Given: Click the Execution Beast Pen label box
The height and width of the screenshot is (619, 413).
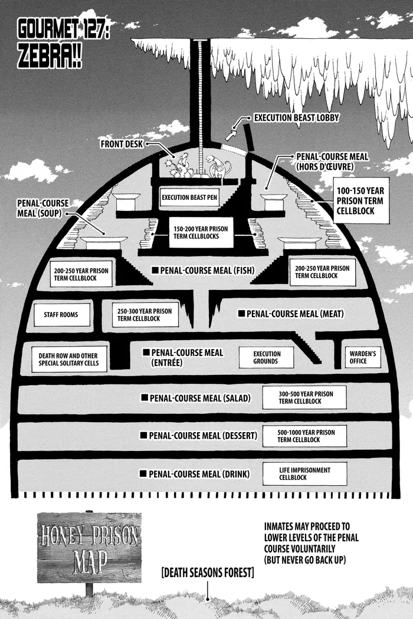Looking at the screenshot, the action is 189,197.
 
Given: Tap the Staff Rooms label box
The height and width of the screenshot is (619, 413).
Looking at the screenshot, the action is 61,315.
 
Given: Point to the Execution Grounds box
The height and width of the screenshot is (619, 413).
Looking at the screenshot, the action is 266,357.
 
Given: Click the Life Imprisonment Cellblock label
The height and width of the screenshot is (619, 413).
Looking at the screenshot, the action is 304,473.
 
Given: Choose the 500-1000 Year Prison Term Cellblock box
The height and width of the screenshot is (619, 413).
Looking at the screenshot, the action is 304,436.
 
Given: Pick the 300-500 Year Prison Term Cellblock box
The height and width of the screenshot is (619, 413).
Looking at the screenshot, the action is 304,397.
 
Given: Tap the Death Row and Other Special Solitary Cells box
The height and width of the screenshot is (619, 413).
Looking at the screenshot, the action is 69,359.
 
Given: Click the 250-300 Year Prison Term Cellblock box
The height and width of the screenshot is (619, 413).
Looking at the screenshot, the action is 145,315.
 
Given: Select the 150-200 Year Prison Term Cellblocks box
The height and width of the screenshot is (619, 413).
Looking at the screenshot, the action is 201,232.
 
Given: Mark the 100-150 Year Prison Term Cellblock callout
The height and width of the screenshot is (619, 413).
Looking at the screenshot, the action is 361,200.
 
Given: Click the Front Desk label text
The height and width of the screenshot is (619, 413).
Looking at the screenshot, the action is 122,144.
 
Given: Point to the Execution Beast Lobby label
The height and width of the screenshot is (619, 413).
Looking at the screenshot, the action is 296,118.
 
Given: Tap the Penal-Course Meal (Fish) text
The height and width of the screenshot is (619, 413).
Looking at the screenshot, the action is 207,271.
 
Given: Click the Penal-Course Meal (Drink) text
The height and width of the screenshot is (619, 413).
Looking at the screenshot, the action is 199,474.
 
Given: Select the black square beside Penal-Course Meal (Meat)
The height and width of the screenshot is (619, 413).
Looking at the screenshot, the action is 241,314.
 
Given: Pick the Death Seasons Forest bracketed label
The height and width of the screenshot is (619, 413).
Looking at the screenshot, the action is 208,572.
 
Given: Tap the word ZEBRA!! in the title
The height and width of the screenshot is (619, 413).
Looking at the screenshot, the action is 50,58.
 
